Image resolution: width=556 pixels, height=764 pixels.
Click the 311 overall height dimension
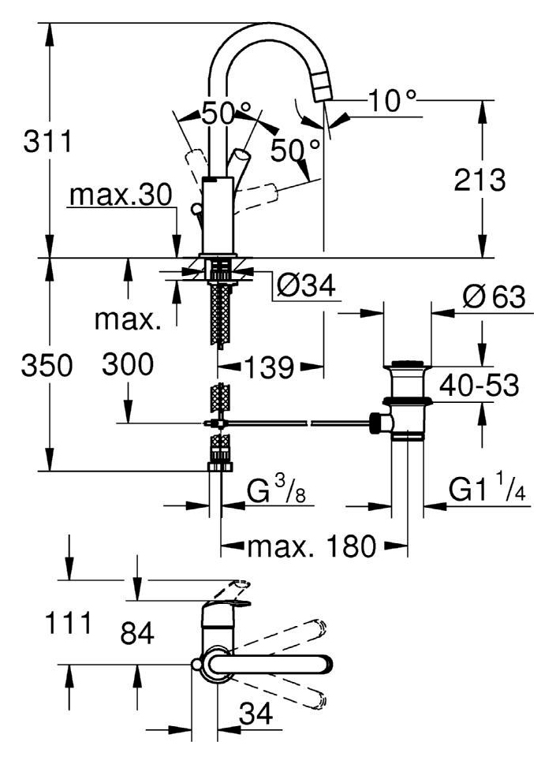coord(48,141)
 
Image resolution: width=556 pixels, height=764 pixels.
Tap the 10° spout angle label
coord(392,101)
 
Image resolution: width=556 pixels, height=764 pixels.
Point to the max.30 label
coord(121,195)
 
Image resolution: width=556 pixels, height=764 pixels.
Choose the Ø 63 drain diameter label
coord(494,296)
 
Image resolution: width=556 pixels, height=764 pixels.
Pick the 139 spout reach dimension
coord(268,367)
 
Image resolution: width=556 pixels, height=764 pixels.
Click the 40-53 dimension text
coord(479,386)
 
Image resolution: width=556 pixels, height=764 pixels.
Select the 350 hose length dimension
coord(47,365)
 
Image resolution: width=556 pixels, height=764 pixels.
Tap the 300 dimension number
coord(128,364)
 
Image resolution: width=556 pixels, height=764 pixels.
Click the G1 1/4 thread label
coord(487,488)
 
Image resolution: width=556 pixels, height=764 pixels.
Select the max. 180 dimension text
coord(312,546)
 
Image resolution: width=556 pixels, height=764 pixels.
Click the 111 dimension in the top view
coord(69,623)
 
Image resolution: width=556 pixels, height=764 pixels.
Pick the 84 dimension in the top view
coord(137,633)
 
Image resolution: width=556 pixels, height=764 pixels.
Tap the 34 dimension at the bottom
coord(256,714)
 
